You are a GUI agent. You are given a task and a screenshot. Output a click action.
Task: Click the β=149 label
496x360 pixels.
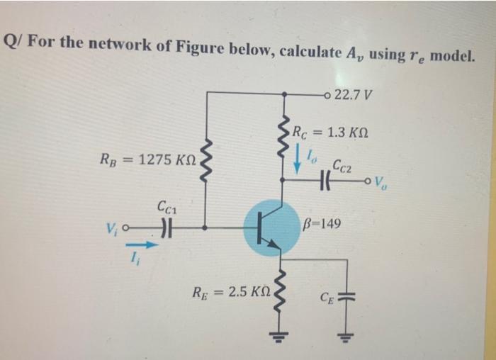pos(322,224)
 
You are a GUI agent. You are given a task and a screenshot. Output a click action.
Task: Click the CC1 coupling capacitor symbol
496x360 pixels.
pos(165,228)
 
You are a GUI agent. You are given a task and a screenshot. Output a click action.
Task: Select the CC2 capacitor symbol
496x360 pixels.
pos(327,180)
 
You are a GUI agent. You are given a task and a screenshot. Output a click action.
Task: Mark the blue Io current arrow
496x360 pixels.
pos(297,162)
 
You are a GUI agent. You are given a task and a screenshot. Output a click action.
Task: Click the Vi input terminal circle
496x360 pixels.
pos(125,228)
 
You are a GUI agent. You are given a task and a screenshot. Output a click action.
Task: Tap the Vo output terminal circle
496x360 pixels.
pos(369,180)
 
